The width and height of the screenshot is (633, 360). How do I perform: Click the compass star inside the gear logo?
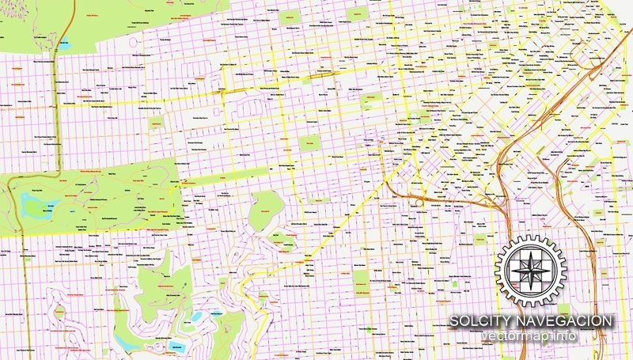531,268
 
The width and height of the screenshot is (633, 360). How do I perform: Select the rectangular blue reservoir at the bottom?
177,346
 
